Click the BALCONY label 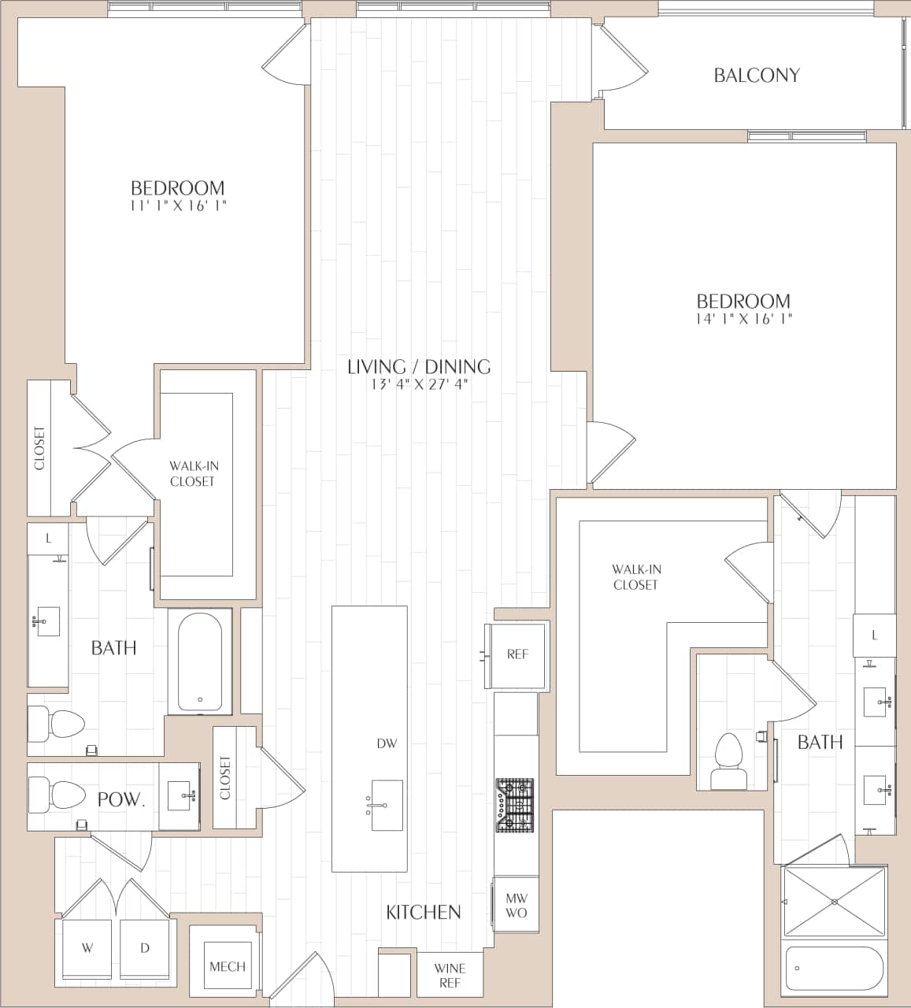(756, 76)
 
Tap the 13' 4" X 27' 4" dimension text (419, 384)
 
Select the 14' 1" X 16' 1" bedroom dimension (743, 319)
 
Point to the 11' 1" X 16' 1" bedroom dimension (178, 206)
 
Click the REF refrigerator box (517, 654)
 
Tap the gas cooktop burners (514, 805)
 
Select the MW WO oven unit (517, 905)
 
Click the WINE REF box (450, 975)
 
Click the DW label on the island (387, 743)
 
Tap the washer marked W (87, 948)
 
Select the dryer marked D (145, 948)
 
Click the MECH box (227, 966)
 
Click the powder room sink (180, 796)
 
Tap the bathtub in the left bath (200, 662)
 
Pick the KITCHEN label (423, 912)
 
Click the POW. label (121, 799)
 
